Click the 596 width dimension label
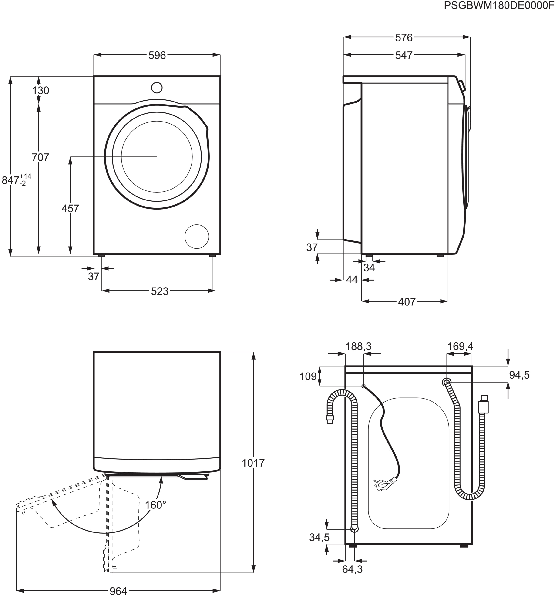[x=157, y=55]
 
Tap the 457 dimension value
[x=70, y=208]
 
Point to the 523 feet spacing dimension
[x=159, y=291]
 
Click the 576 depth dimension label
[x=404, y=38]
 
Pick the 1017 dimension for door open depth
[x=253, y=463]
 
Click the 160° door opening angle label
[x=155, y=505]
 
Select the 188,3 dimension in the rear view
[x=358, y=347]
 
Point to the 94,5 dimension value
[x=519, y=375]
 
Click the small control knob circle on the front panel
[x=157, y=88]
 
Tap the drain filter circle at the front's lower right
[x=197, y=237]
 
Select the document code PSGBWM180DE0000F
[x=499, y=5]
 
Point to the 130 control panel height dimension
[x=41, y=90]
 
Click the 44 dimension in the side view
[x=352, y=280]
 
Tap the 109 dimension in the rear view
[x=308, y=376]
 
